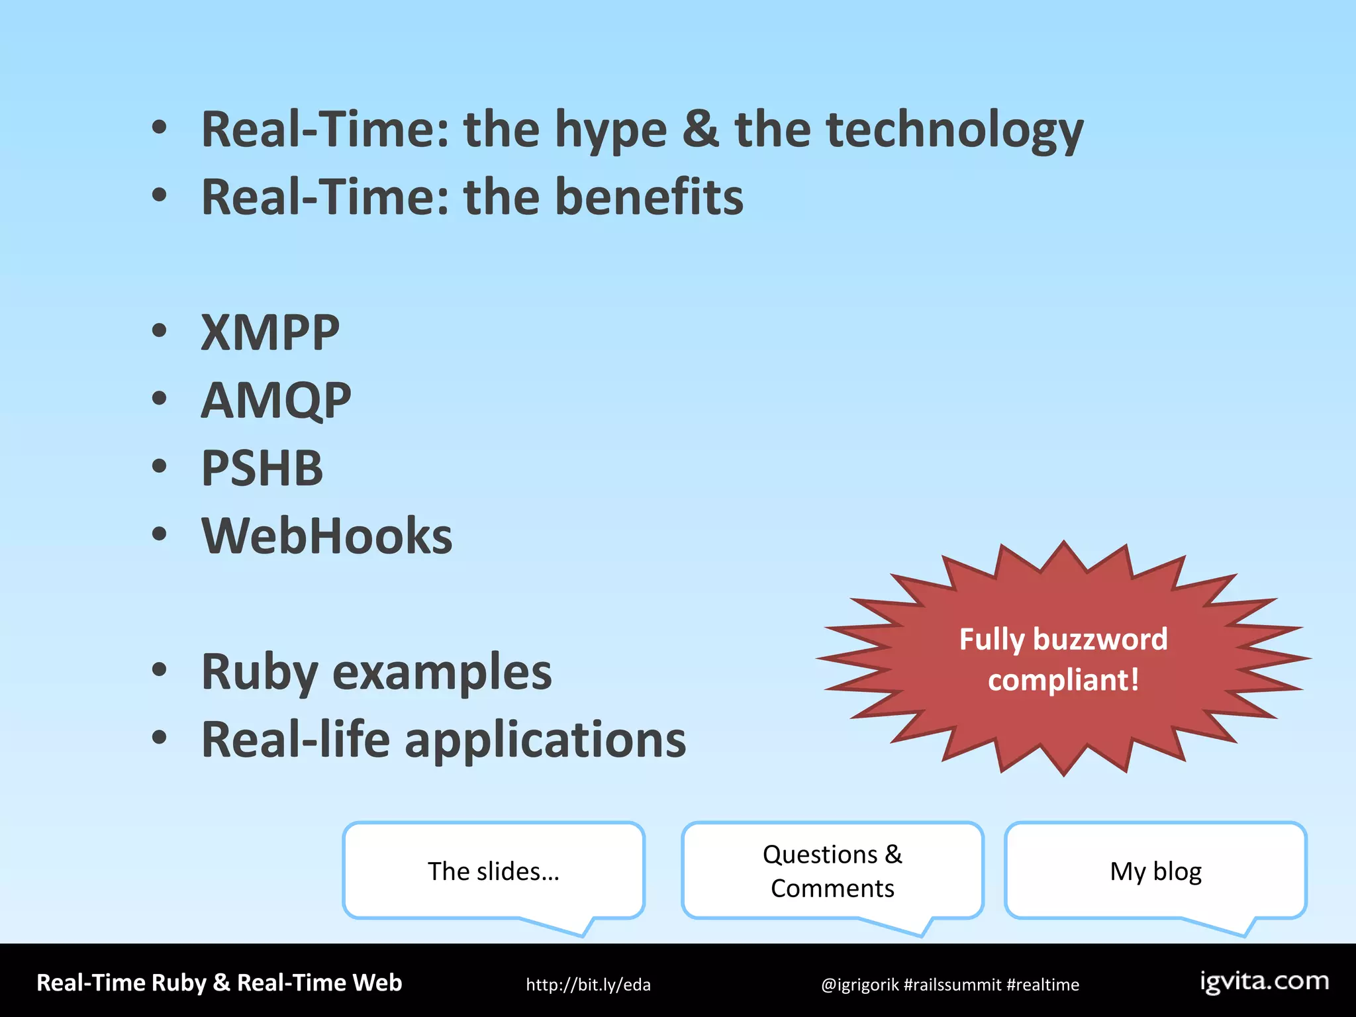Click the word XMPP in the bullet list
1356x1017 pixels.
click(270, 332)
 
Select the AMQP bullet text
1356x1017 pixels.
click(276, 401)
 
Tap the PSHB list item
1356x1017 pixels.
click(262, 468)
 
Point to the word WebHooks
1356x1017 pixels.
click(327, 536)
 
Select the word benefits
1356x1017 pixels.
click(649, 197)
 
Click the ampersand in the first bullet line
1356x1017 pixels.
click(701, 129)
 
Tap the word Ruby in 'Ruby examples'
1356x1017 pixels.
click(260, 673)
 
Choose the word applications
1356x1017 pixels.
click(546, 740)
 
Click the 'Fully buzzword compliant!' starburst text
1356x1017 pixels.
click(1063, 659)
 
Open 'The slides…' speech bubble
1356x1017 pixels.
click(494, 871)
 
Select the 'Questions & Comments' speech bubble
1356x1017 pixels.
click(832, 871)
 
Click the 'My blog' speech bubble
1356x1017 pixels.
click(1155, 871)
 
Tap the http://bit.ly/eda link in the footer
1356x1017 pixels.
click(588, 985)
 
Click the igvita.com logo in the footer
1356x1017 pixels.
click(1264, 981)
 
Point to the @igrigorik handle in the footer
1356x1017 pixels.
click(859, 985)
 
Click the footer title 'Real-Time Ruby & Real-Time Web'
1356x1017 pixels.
click(219, 983)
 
